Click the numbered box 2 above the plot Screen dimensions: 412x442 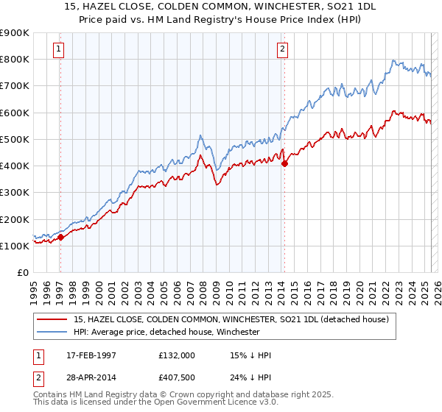click(x=282, y=50)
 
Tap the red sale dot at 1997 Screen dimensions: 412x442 click(x=61, y=237)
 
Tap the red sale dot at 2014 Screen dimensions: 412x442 click(x=284, y=164)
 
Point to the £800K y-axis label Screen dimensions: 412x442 click(x=15, y=59)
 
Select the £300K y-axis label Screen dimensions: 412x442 click(x=15, y=192)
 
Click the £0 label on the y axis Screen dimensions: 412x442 click(x=22, y=272)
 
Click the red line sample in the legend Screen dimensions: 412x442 click(x=52, y=320)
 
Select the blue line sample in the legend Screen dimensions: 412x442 click(x=52, y=332)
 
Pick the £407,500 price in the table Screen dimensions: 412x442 click(x=177, y=377)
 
